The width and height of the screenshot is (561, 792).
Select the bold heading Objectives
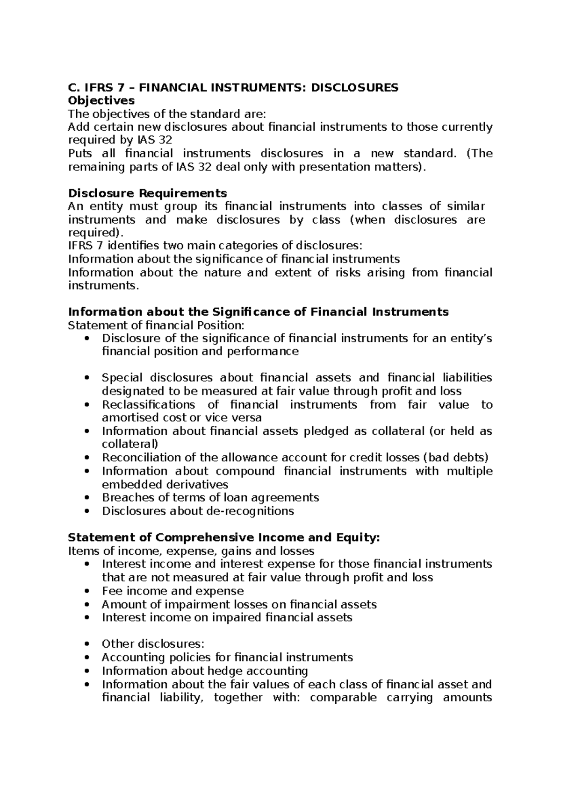click(101, 100)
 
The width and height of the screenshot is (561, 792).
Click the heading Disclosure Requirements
click(147, 193)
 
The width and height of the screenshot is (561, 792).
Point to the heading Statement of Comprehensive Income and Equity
click(224, 537)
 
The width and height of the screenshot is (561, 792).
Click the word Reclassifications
click(148, 404)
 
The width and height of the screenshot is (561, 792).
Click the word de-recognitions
click(250, 511)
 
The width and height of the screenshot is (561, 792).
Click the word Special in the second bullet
click(122, 378)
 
